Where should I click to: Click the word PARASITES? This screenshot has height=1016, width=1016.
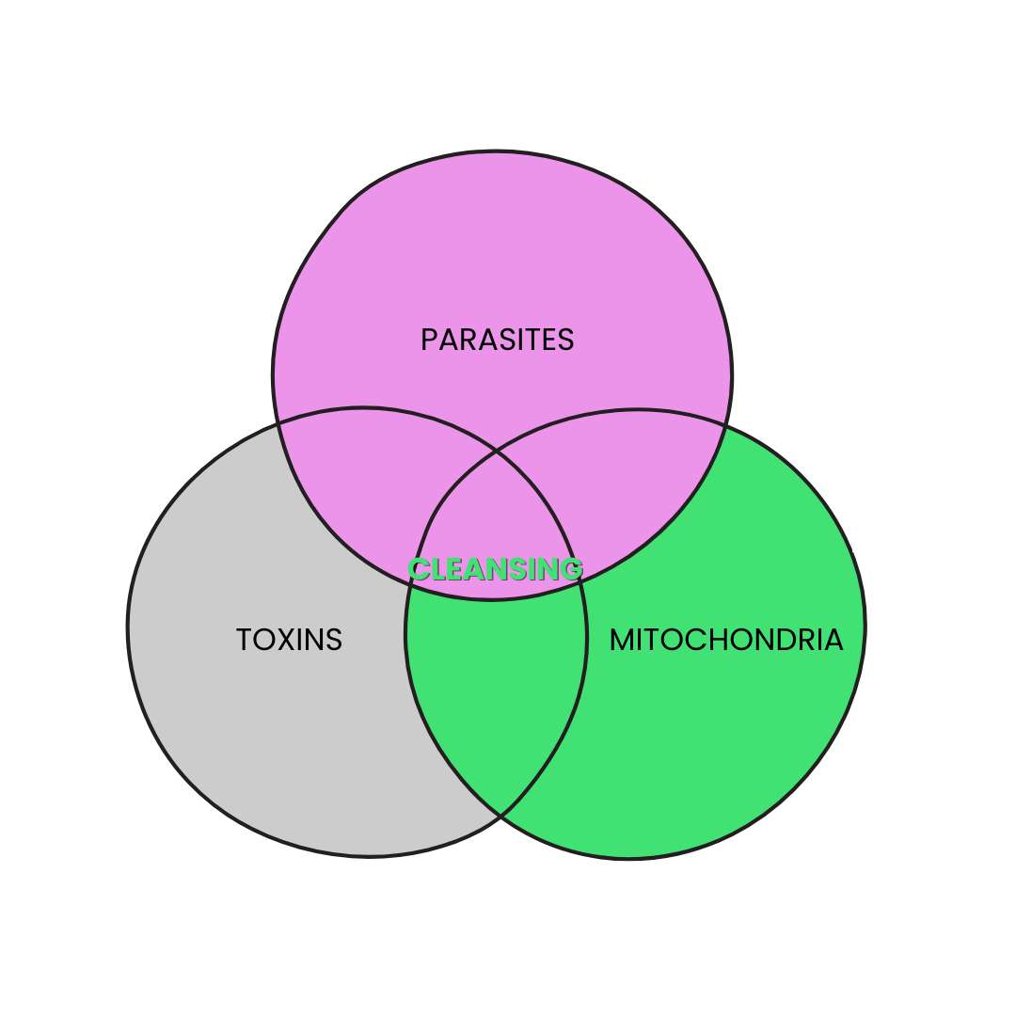pyautogui.click(x=497, y=340)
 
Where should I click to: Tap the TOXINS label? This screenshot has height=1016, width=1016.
pyautogui.click(x=289, y=640)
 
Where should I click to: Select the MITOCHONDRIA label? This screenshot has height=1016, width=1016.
pyautogui.click(x=725, y=640)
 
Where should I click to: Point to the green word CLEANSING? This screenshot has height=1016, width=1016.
pyautogui.click(x=495, y=569)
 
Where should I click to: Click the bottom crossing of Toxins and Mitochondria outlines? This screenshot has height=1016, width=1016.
pyautogui.click(x=501, y=815)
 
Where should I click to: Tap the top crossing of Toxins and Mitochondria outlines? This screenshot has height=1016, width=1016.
pyautogui.click(x=497, y=452)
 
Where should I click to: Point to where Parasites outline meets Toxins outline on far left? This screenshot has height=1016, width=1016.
pyautogui.click(x=279, y=424)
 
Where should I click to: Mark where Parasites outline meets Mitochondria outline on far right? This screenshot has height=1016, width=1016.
pyautogui.click(x=724, y=426)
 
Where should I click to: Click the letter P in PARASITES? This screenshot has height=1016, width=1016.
pyautogui.click(x=429, y=340)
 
